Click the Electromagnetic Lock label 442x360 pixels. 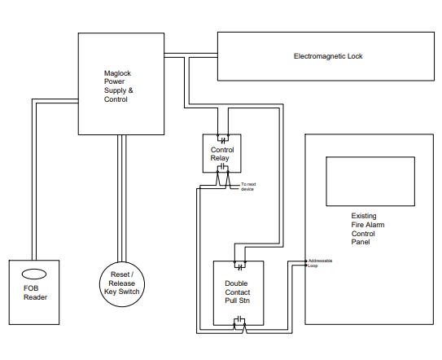click(x=328, y=56)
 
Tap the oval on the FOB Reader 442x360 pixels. click(x=34, y=274)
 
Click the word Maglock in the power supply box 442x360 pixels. click(x=117, y=73)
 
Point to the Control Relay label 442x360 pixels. click(x=222, y=154)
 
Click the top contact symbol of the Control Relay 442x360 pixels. click(x=223, y=139)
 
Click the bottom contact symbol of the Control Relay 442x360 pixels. click(x=223, y=166)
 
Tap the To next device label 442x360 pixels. click(x=248, y=187)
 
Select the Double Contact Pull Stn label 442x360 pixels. click(x=238, y=292)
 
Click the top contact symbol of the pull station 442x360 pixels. click(x=240, y=266)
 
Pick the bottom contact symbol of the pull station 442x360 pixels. click(x=240, y=319)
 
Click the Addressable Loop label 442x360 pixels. click(x=320, y=263)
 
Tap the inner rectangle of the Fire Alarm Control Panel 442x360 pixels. click(x=370, y=157)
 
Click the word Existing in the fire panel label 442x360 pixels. click(x=364, y=216)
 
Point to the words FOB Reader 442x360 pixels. click(x=35, y=292)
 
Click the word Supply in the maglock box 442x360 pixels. click(x=115, y=90)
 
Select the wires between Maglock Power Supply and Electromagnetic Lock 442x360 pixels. click(x=190, y=55)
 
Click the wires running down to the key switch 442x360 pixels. click(x=122, y=199)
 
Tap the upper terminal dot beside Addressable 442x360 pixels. click(x=306, y=261)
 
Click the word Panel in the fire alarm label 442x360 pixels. click(x=361, y=242)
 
